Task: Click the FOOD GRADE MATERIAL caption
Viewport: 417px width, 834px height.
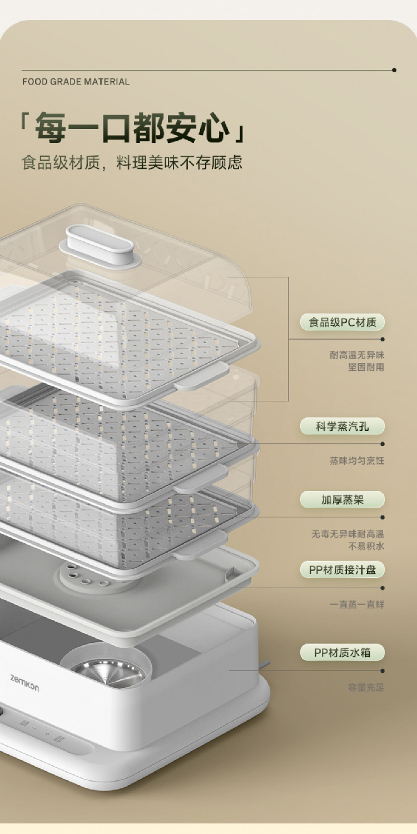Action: (76, 82)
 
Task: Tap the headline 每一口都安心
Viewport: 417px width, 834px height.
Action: (132, 127)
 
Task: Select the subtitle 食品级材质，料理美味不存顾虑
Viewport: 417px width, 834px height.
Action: (132, 162)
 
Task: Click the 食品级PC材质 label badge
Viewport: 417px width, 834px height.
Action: (342, 322)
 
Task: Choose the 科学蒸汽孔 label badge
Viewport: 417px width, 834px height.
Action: (342, 426)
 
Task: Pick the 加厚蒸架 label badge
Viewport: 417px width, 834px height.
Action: (342, 499)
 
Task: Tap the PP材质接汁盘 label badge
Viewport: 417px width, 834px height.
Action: (342, 570)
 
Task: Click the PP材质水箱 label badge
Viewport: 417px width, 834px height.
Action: (342, 652)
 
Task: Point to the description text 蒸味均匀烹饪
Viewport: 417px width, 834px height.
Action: (356, 461)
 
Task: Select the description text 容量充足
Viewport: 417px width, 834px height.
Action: (366, 688)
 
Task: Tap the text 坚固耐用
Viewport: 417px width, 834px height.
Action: (366, 368)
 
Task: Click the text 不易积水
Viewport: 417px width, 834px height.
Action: (366, 546)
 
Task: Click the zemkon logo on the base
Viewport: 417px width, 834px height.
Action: (24, 682)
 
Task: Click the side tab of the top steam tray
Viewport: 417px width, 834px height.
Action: (201, 376)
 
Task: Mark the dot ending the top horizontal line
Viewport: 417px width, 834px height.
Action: (394, 70)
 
